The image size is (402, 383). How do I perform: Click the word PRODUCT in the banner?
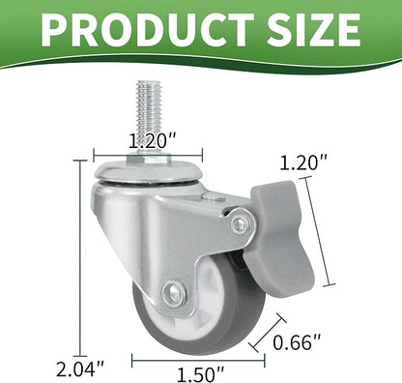click(148, 30)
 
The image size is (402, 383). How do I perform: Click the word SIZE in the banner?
click(312, 30)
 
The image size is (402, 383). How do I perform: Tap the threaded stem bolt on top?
click(149, 116)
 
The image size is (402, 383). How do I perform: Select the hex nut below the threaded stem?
click(149, 159)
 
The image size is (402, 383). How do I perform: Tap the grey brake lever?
click(277, 239)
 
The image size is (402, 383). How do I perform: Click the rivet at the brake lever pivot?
click(240, 222)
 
